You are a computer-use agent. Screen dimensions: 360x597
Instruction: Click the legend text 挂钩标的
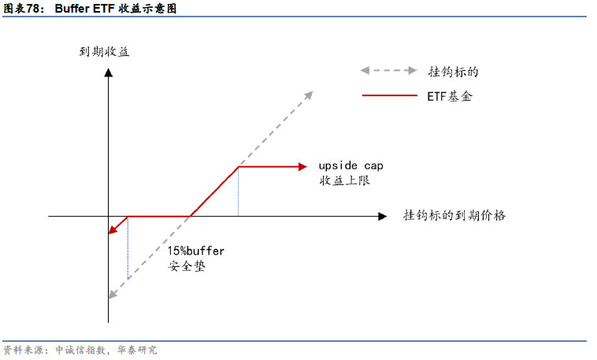tap(453, 71)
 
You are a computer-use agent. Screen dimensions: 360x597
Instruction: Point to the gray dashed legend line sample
tap(389, 70)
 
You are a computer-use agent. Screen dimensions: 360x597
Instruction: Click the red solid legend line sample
tap(389, 96)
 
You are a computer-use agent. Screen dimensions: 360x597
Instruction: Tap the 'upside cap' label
tap(350, 165)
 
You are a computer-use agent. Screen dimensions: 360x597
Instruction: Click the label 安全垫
tap(187, 265)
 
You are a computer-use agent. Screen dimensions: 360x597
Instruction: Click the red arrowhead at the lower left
tap(113, 230)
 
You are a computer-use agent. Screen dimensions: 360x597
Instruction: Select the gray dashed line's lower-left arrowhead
tap(113, 295)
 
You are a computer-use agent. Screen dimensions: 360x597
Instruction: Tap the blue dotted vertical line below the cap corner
tap(238, 191)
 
